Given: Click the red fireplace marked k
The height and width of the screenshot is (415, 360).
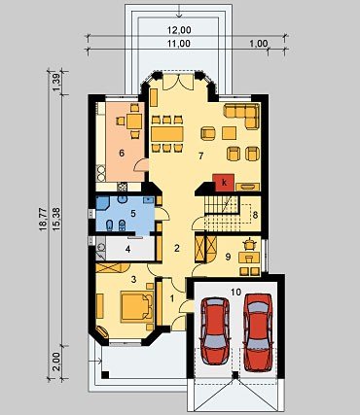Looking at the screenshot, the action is [223, 183].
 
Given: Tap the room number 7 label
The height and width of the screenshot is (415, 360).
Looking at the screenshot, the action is [200, 156].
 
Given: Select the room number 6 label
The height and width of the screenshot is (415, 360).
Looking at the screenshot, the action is [122, 153].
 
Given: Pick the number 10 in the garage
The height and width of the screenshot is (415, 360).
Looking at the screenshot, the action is [236, 293].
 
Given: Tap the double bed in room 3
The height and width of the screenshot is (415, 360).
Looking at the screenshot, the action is [136, 306].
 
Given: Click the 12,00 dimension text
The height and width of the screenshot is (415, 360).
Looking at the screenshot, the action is [179, 30].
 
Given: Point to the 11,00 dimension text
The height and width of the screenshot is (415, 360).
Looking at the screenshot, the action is [179, 44].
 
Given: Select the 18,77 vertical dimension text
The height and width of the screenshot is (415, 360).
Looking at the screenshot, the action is [44, 220].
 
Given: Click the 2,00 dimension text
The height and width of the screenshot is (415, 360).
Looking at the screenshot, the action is [56, 362].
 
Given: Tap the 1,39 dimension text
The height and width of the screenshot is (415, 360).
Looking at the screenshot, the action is [56, 83].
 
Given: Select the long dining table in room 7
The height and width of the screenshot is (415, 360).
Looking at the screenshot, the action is [167, 134].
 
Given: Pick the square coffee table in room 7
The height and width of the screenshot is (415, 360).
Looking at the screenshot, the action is [230, 133].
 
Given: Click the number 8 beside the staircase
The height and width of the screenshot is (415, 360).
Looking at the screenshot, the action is [255, 215].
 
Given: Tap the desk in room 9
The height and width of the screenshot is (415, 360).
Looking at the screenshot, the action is [249, 258].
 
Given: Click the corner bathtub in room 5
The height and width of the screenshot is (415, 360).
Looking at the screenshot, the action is [102, 204].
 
